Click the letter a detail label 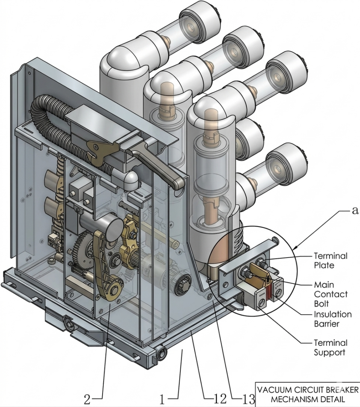click(355, 211)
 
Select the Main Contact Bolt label click(330, 294)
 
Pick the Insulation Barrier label click(333, 319)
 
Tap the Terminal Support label click(330, 347)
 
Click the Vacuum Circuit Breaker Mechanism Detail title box click(307, 394)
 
